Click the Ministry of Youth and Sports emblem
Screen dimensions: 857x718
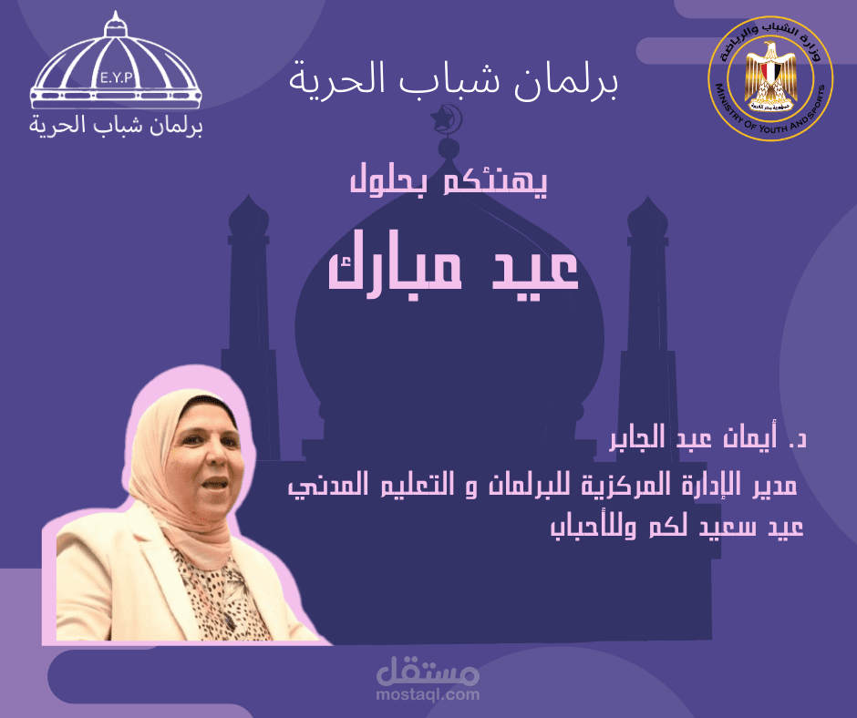[x=770, y=78]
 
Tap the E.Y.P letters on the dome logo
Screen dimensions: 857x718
[x=117, y=77]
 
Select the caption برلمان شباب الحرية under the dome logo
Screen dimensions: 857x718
[x=116, y=125]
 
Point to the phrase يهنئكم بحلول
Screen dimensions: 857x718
[x=449, y=179]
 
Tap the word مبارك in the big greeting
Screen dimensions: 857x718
[x=395, y=268]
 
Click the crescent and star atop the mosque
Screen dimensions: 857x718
[x=447, y=118]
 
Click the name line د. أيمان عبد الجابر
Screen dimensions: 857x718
[x=708, y=437]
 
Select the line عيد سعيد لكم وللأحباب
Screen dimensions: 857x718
[x=676, y=527]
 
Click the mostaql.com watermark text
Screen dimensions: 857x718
[x=428, y=694]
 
